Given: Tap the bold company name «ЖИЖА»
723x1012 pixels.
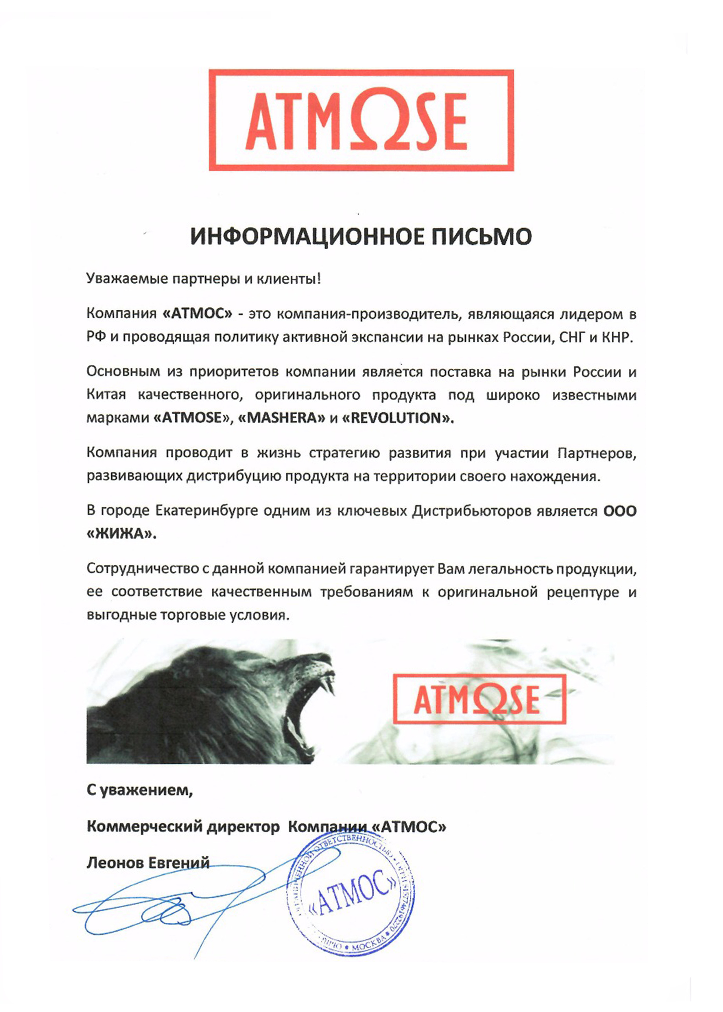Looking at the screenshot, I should point(121,533).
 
